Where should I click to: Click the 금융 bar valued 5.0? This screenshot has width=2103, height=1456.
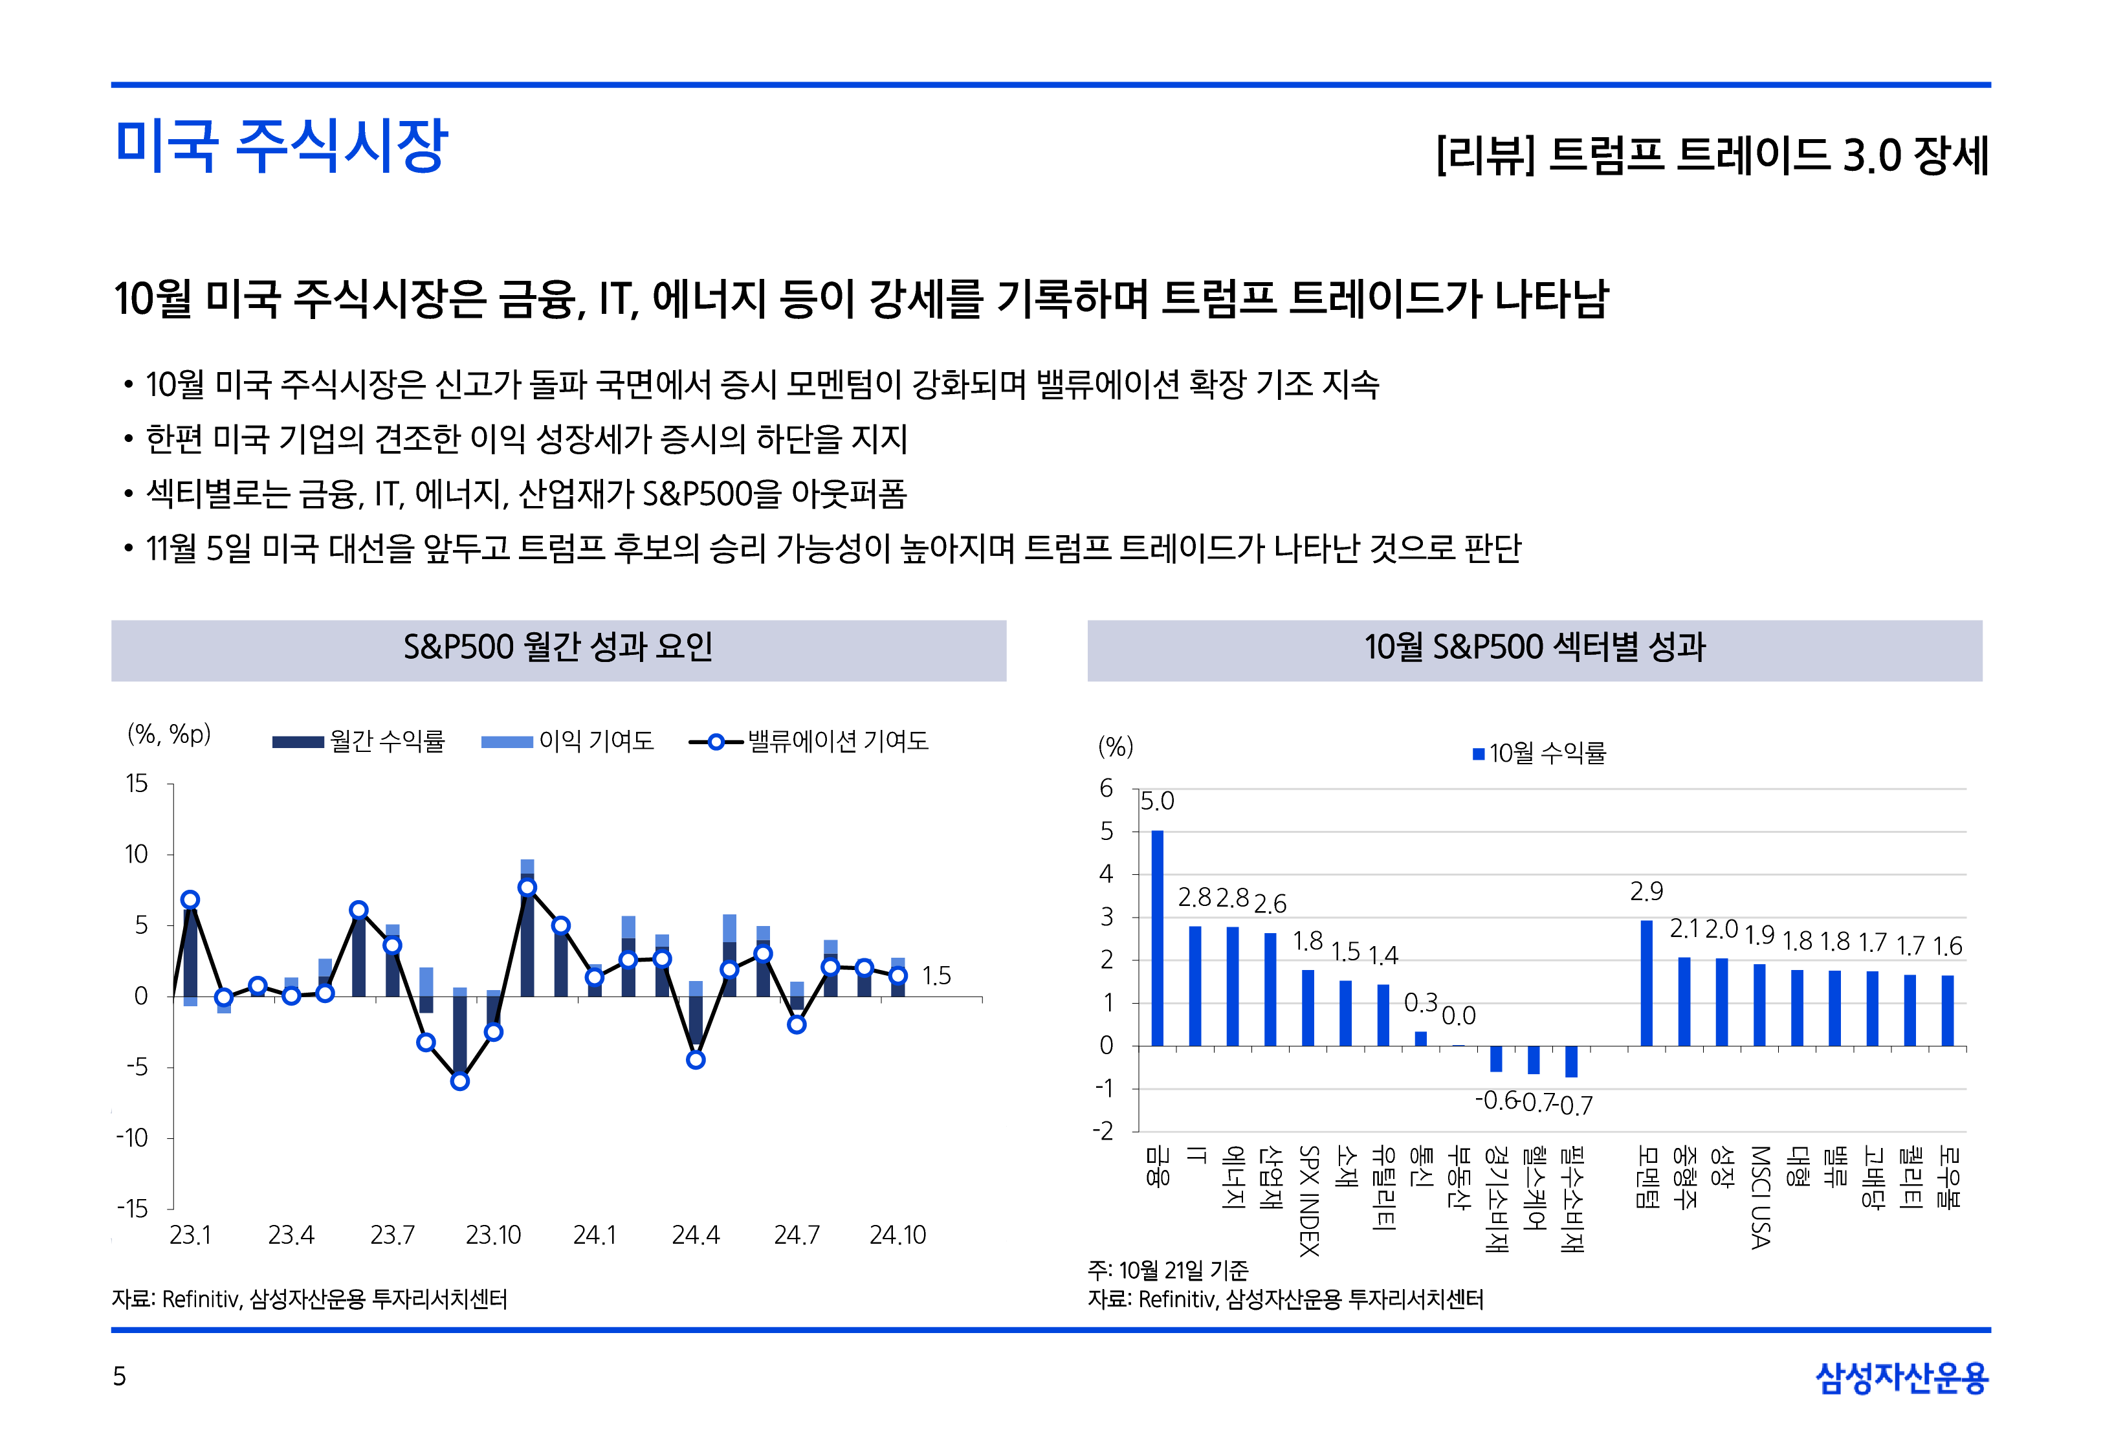[x=1156, y=937]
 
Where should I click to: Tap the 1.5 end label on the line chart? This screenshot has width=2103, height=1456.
[x=936, y=976]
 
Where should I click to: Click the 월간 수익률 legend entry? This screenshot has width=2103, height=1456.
[x=358, y=741]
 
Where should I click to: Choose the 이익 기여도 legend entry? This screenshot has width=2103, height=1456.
[x=568, y=741]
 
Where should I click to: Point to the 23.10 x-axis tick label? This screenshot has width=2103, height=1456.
[x=492, y=1235]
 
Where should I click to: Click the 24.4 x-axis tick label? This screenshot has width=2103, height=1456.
[x=695, y=1235]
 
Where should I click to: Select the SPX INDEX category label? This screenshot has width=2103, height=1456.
[x=1308, y=1200]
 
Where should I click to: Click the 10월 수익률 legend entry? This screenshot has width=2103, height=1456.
[x=1539, y=753]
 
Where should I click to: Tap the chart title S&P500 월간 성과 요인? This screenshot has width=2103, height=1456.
[x=558, y=648]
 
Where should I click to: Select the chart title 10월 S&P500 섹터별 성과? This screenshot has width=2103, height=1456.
[x=1534, y=648]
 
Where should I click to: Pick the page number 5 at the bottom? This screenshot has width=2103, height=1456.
[x=120, y=1376]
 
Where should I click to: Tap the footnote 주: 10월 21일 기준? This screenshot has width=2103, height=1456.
[x=1167, y=1270]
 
